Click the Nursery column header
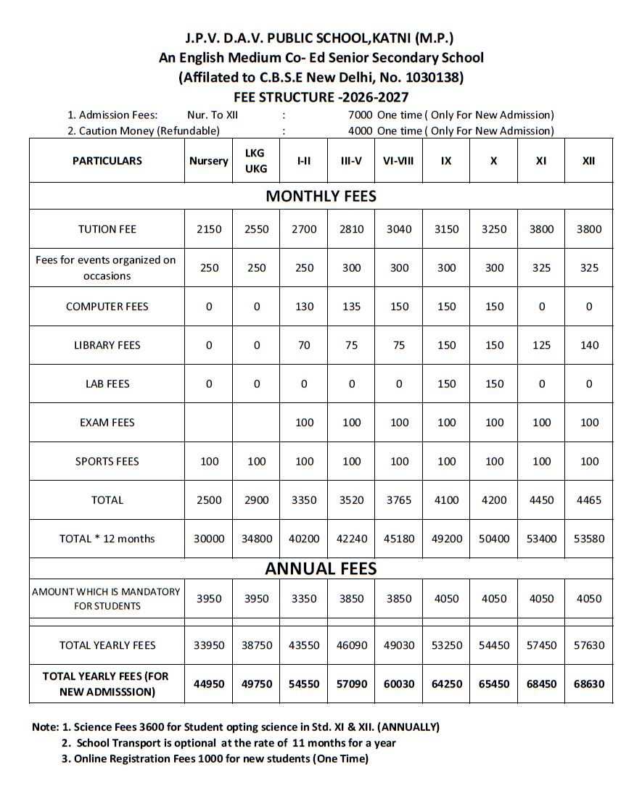coord(209,161)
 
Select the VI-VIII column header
coord(398,161)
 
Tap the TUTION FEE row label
coord(107,229)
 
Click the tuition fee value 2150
coord(209,229)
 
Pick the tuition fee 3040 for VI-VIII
coord(398,229)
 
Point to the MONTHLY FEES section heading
coord(321,196)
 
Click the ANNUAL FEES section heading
coord(321,568)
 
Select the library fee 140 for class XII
coord(589,345)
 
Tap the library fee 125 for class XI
coord(541,345)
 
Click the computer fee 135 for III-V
coord(351,307)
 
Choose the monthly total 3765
coord(398,500)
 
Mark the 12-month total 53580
coord(589,539)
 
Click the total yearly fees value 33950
coord(209,645)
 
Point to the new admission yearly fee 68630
coord(589,684)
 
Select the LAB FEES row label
coord(107,384)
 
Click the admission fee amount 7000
coord(361,115)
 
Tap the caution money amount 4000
coord(361,131)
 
